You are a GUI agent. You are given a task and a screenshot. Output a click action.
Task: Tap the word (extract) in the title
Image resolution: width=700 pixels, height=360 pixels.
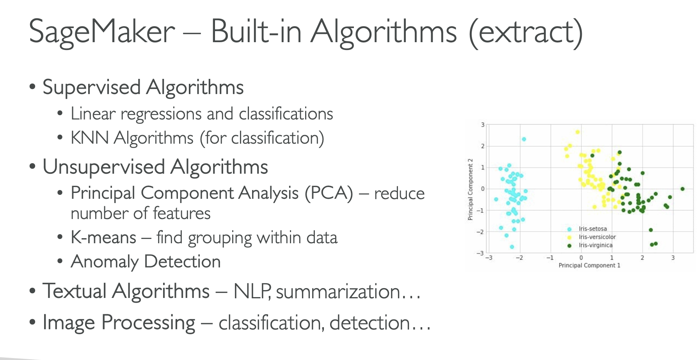click(x=526, y=32)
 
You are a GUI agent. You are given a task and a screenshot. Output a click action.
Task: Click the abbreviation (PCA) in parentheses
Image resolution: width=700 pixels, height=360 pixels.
click(x=329, y=193)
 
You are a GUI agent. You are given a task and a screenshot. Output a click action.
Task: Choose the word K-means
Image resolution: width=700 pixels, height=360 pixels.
click(x=103, y=237)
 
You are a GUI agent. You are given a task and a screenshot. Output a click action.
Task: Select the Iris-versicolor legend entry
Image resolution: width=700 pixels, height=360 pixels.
click(x=592, y=237)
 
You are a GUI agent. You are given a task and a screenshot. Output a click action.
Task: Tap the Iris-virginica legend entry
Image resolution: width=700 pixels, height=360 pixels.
click(x=590, y=245)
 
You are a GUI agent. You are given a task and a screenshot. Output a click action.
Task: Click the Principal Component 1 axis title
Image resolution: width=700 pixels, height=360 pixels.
click(x=589, y=266)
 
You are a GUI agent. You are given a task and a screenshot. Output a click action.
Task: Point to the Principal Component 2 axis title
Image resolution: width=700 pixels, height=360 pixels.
click(x=470, y=189)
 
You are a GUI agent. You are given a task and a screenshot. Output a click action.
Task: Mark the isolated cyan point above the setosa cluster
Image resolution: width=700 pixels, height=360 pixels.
click(x=524, y=139)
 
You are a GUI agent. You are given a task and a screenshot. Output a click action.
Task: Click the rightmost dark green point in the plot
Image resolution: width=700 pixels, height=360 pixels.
click(x=682, y=189)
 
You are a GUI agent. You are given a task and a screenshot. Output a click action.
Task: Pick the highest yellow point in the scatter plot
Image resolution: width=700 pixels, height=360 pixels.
click(x=577, y=132)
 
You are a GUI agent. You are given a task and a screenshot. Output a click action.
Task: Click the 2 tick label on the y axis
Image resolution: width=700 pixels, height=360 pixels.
click(x=483, y=146)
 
